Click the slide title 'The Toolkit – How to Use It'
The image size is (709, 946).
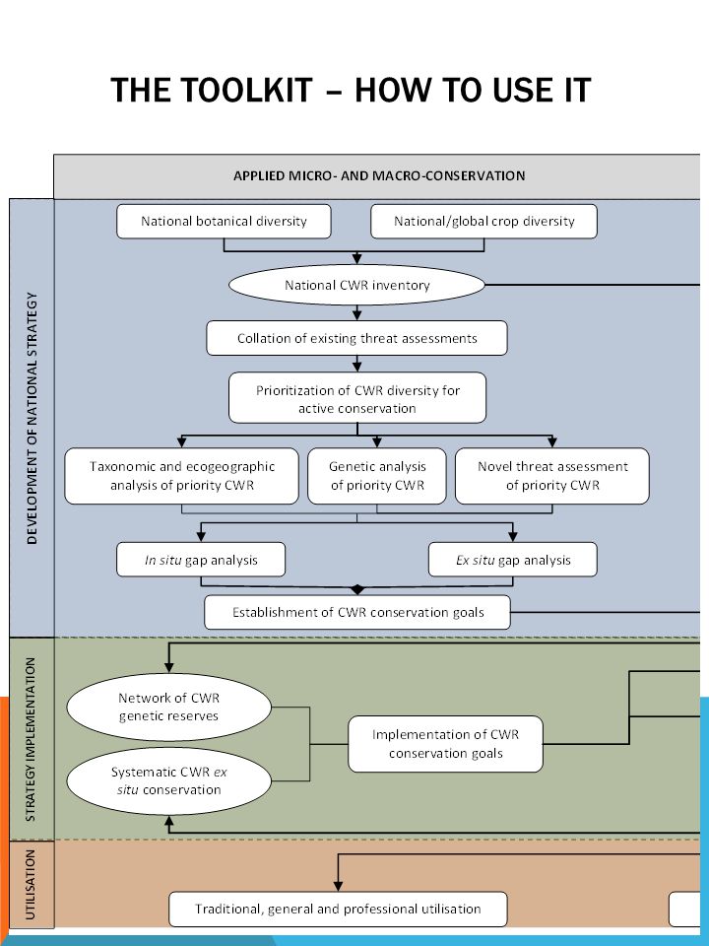[351, 90]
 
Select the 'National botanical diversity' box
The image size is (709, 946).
[224, 222]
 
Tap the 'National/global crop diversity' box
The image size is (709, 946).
[484, 222]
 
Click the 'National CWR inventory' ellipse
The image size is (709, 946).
[356, 285]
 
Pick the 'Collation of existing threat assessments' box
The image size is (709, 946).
[356, 338]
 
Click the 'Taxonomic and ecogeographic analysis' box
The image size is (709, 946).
[181, 476]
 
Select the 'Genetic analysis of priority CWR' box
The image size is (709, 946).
[377, 476]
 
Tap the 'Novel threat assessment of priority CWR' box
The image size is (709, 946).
[552, 476]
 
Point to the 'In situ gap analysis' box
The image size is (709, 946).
[201, 560]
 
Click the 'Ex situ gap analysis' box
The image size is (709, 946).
[513, 560]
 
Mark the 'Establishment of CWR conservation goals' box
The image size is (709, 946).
[357, 612]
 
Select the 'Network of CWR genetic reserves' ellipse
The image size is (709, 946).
[168, 708]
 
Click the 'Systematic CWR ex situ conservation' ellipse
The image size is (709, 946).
[168, 781]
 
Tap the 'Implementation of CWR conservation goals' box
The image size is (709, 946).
[445, 744]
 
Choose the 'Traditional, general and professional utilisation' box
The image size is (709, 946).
[338, 910]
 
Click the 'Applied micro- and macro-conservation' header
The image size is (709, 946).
[379, 176]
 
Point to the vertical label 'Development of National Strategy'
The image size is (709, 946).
[32, 418]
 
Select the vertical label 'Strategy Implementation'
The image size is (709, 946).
[32, 739]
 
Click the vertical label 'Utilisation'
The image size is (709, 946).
[32, 885]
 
